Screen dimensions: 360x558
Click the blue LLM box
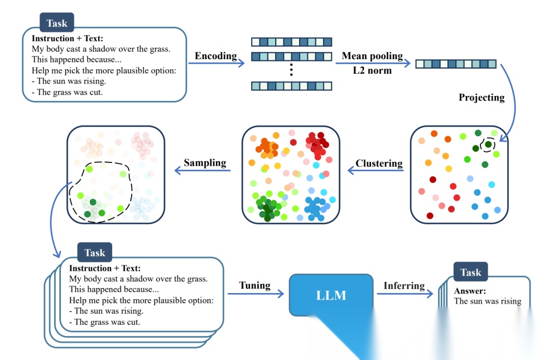(331, 295)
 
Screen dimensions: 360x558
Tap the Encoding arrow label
(215, 56)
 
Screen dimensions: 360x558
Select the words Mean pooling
(372, 56)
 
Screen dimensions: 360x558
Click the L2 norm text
(372, 71)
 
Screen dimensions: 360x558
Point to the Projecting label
(481, 98)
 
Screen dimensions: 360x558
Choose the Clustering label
(379, 164)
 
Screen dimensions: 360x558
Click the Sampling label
(205, 163)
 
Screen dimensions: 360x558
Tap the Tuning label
(254, 285)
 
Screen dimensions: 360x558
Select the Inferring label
(404, 286)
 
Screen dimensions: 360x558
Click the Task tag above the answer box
(470, 272)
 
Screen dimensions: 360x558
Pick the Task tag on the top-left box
(57, 23)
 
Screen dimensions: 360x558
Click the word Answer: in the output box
(470, 291)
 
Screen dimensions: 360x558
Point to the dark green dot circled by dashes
(488, 145)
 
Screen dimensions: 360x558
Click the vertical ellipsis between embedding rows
(291, 70)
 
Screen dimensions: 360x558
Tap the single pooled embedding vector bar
(456, 64)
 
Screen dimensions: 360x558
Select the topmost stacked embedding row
(291, 42)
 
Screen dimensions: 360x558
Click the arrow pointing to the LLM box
(256, 294)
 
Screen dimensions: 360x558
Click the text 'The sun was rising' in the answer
(488, 301)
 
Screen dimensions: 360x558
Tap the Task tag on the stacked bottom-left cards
(94, 253)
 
